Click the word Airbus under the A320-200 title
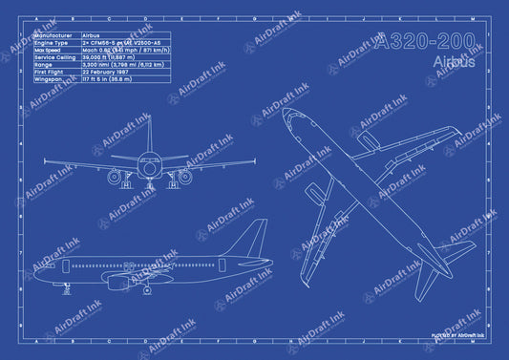coord(452,62)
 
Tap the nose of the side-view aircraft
coord(34,265)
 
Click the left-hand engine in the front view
coord(115,177)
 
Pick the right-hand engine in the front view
coord(184,177)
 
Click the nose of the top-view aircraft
coord(290,118)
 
